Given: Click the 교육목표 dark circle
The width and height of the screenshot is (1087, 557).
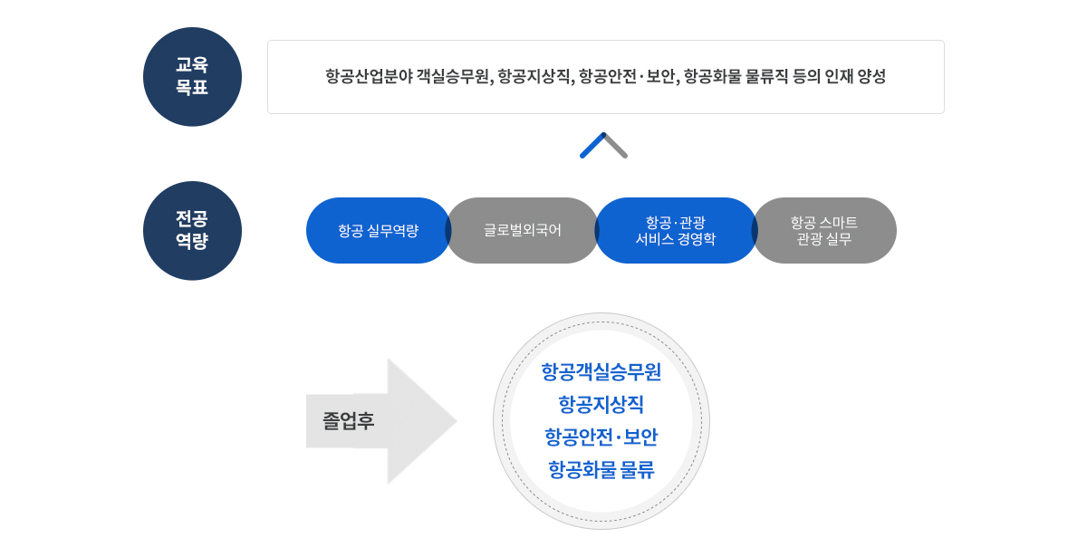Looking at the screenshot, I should pyautogui.click(x=192, y=76).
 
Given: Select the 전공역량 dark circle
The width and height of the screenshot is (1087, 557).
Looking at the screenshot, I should pyautogui.click(x=192, y=230).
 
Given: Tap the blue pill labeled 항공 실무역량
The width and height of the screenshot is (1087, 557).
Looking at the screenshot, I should pyautogui.click(x=378, y=230).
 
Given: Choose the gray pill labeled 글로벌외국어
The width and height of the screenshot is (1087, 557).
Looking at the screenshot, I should pyautogui.click(x=523, y=230).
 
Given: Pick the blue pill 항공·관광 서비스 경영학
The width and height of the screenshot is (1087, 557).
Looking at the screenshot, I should pyautogui.click(x=676, y=230).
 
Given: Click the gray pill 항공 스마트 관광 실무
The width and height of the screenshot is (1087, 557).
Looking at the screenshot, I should pyautogui.click(x=824, y=230).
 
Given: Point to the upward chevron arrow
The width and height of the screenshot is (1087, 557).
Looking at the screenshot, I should pyautogui.click(x=603, y=146).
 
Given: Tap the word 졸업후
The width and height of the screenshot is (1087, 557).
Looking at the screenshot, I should pyautogui.click(x=349, y=421).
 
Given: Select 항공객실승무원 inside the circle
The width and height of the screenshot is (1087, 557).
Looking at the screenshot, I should pyautogui.click(x=601, y=372).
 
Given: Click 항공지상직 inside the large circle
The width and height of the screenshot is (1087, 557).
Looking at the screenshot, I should pyautogui.click(x=601, y=405).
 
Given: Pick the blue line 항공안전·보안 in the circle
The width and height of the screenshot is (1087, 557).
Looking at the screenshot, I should pyautogui.click(x=601, y=437).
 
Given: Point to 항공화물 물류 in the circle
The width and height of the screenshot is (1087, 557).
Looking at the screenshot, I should pyautogui.click(x=601, y=470).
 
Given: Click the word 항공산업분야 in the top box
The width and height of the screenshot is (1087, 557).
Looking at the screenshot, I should pyautogui.click(x=369, y=77).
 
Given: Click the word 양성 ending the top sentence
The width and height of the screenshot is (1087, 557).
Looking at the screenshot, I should pyautogui.click(x=871, y=77).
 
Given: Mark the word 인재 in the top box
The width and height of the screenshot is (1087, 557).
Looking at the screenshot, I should pyautogui.click(x=835, y=77).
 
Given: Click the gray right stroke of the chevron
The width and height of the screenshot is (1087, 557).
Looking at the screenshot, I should pyautogui.click(x=616, y=147).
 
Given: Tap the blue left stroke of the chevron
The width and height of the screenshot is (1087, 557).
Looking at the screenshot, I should pyautogui.click(x=592, y=147).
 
